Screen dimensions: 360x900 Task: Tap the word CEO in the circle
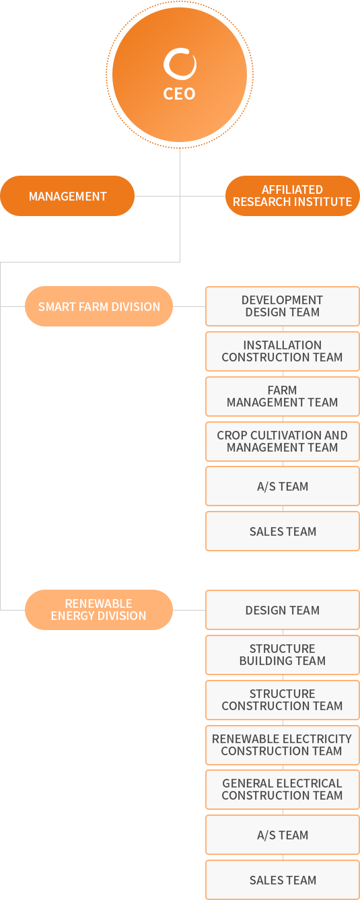point(179,94)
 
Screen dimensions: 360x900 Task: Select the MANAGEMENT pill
point(67,196)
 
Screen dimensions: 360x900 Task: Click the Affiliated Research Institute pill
point(293,196)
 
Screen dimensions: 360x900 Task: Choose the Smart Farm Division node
point(99,306)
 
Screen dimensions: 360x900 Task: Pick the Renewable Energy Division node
point(99,610)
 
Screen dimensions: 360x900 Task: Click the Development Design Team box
point(283,306)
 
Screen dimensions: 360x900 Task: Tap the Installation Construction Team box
point(283,351)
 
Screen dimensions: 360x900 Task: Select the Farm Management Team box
point(283,396)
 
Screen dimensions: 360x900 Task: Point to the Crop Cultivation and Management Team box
point(283,442)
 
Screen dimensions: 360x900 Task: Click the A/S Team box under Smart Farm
point(283,486)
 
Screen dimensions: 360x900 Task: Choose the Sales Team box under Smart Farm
point(283,531)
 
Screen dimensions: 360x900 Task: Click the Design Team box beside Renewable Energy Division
point(283,610)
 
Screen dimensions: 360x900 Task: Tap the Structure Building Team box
point(283,655)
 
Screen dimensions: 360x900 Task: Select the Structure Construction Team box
point(283,700)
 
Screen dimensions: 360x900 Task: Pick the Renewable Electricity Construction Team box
point(283,745)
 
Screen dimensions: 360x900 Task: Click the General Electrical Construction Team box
point(283,790)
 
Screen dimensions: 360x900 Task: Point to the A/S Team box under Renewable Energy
point(283,835)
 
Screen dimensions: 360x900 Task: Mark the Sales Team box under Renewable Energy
point(283,880)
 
